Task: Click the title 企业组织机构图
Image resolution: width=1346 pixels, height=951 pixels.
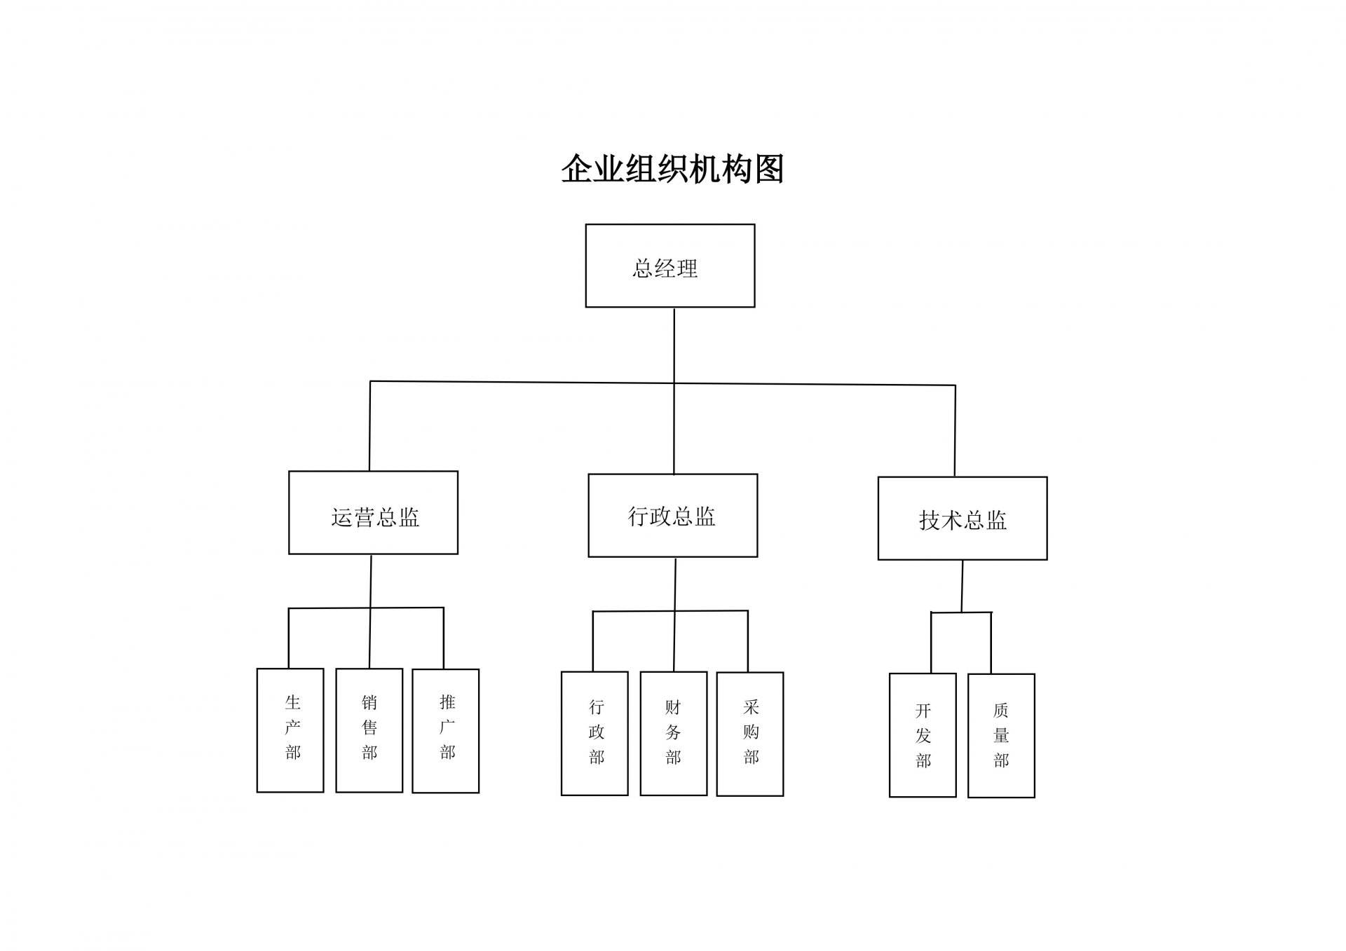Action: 672,170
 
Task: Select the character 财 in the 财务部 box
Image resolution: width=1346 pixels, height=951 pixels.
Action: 673,707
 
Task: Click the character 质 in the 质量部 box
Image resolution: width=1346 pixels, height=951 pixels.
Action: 1001,711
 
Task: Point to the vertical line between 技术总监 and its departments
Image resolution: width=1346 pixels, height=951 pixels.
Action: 962,587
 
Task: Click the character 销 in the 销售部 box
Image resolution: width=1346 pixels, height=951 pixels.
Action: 369,702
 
